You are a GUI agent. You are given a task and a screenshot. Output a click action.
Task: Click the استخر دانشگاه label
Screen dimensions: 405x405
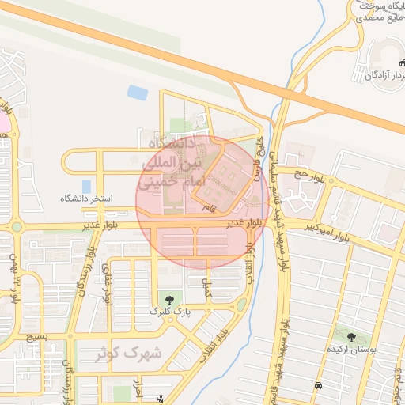coord(87,198)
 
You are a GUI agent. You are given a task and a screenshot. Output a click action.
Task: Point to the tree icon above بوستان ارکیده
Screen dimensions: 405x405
coord(351,337)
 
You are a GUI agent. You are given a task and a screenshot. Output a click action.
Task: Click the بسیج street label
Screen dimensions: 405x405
coord(36,338)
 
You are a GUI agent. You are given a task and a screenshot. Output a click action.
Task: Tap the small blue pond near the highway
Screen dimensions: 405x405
coord(138,93)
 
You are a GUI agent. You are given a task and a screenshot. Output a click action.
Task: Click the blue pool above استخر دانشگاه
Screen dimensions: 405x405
coord(86,186)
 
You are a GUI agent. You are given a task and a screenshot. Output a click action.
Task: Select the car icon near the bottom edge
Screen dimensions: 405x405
coord(318,385)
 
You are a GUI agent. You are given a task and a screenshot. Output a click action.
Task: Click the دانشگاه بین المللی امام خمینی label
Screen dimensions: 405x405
coord(172,163)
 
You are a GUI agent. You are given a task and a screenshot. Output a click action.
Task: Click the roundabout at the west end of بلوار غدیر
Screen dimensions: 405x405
coord(17,227)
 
